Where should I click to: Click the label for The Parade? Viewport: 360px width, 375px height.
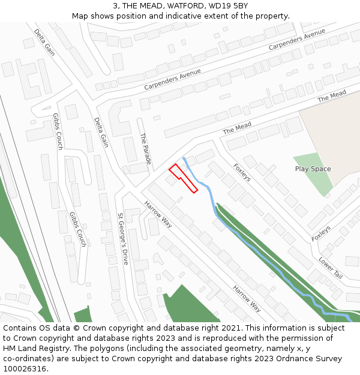tap(145, 149)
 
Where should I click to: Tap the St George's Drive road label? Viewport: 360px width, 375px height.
tap(123, 230)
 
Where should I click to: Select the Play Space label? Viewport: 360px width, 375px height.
tap(313, 169)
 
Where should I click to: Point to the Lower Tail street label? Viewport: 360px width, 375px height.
tap(331, 268)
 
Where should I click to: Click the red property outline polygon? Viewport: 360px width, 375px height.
tap(183, 178)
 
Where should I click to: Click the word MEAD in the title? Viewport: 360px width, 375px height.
tap(139, 6)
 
